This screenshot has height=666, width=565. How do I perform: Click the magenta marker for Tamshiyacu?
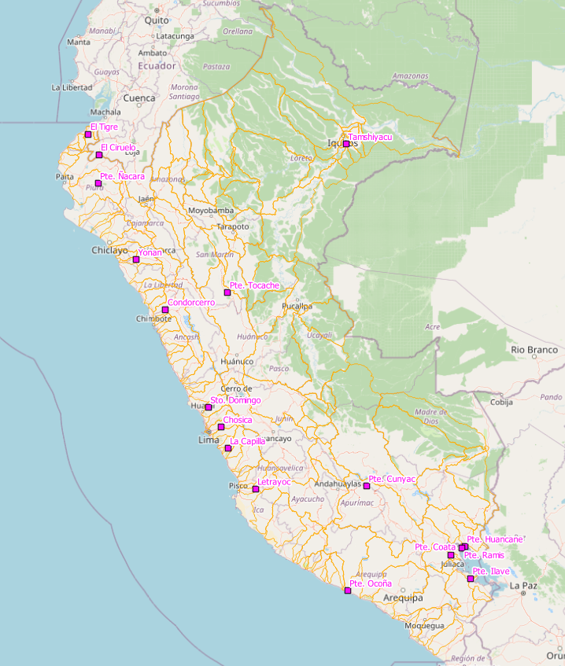click(346, 144)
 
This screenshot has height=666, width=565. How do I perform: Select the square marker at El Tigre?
click(88, 134)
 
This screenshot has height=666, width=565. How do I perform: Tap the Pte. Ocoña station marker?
click(348, 591)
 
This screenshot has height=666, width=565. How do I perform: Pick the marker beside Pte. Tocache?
click(227, 293)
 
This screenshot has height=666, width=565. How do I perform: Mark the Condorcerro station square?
click(165, 310)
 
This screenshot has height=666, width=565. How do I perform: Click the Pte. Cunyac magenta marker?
click(367, 486)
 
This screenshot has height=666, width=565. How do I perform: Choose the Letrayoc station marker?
click(256, 489)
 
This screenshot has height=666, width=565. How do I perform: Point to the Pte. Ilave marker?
click(471, 579)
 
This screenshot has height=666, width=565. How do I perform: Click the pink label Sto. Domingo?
click(235, 400)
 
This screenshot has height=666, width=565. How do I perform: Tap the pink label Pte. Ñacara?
click(122, 176)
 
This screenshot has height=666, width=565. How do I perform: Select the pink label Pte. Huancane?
click(494, 539)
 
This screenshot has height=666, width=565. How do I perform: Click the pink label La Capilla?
click(247, 441)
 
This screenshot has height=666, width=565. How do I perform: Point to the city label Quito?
click(157, 20)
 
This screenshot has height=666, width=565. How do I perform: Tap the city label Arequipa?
click(403, 598)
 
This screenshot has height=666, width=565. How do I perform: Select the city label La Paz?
click(523, 586)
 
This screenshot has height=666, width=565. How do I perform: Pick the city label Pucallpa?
click(297, 306)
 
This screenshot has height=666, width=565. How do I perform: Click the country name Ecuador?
click(157, 66)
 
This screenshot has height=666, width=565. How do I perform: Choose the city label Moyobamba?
click(211, 211)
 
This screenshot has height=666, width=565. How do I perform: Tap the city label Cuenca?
click(139, 98)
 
